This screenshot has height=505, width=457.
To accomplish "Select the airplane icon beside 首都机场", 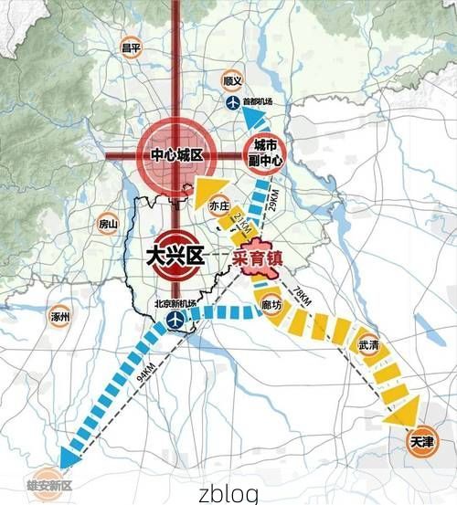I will (x=231, y=101).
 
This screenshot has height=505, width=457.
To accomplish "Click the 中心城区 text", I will (x=175, y=156).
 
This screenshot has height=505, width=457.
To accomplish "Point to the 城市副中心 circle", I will (x=264, y=153).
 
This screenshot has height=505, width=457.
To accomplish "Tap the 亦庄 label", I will (x=219, y=206).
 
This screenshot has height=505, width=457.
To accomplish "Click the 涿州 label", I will (x=61, y=318).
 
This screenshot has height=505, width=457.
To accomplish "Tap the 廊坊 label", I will (x=271, y=306).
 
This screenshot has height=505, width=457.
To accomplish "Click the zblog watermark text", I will (x=228, y=493).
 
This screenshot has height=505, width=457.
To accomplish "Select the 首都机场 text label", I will (x=257, y=101).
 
